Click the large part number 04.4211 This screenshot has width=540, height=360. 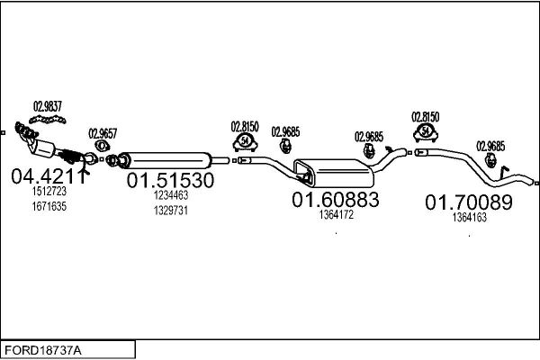coord(48,176)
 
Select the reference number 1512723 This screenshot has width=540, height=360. coord(49,191)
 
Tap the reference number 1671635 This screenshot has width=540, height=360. coord(49,206)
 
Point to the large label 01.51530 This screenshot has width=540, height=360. coord(170,180)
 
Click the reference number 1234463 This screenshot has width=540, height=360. coord(171,195)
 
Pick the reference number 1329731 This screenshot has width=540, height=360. coord(171,211)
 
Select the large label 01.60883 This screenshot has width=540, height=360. coord(336,200)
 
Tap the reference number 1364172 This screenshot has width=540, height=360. coord(336,214)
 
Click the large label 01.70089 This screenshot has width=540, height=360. coord(469,202)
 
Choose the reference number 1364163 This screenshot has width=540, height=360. coord(470,218)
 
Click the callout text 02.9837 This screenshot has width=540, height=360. coord(48,106)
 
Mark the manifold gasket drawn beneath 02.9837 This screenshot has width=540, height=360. coord(48,120)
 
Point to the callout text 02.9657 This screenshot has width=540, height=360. coord(103,133)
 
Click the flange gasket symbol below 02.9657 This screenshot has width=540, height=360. coord(102,146)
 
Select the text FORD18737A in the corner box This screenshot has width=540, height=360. coord(43,351)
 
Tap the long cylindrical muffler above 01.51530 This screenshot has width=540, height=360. coord(165,160)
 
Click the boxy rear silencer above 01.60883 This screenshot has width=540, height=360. coord(334,173)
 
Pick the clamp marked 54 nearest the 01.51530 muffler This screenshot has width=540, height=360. coord(245,142)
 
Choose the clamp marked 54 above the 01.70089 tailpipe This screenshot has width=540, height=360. coord(426,132)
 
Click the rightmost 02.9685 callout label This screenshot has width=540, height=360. coord(490,146)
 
